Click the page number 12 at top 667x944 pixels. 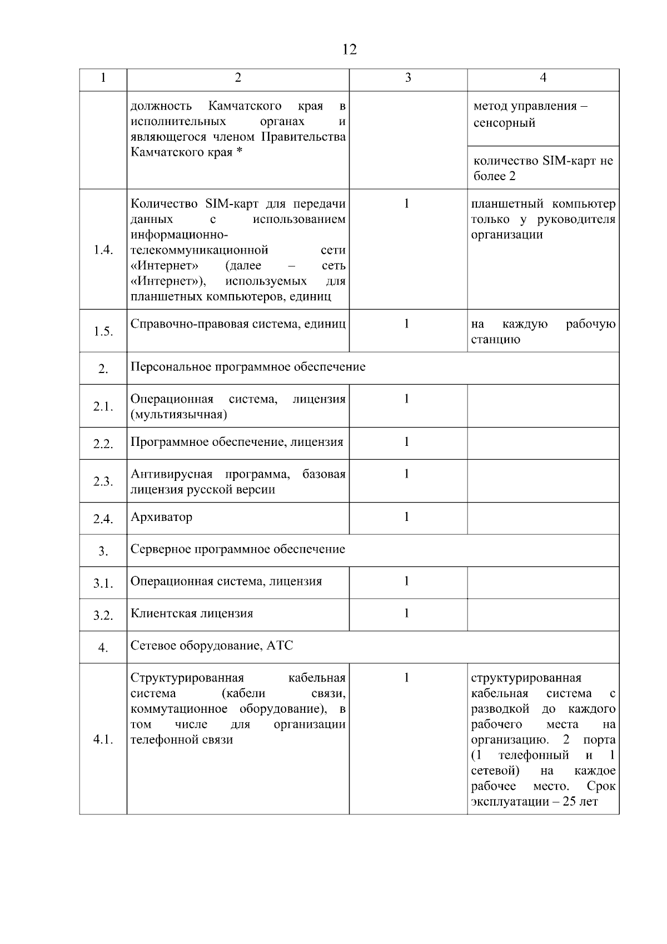349,49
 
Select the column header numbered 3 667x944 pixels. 408,78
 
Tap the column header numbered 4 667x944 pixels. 543,78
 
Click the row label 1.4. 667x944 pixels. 103,250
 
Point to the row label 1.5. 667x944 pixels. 103,331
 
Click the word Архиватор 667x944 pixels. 161,517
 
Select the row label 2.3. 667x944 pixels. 103,481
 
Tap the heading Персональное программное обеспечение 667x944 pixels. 248,367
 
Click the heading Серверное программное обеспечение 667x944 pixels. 238,549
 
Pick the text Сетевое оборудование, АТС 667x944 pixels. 212,645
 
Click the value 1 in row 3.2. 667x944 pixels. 407,613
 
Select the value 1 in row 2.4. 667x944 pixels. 407,517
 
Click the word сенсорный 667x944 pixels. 504,123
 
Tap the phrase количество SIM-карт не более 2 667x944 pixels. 542,168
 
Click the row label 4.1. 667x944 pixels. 103,740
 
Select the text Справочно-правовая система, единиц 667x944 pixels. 238,324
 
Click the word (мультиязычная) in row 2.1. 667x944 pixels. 178,415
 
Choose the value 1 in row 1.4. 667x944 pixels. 407,204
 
